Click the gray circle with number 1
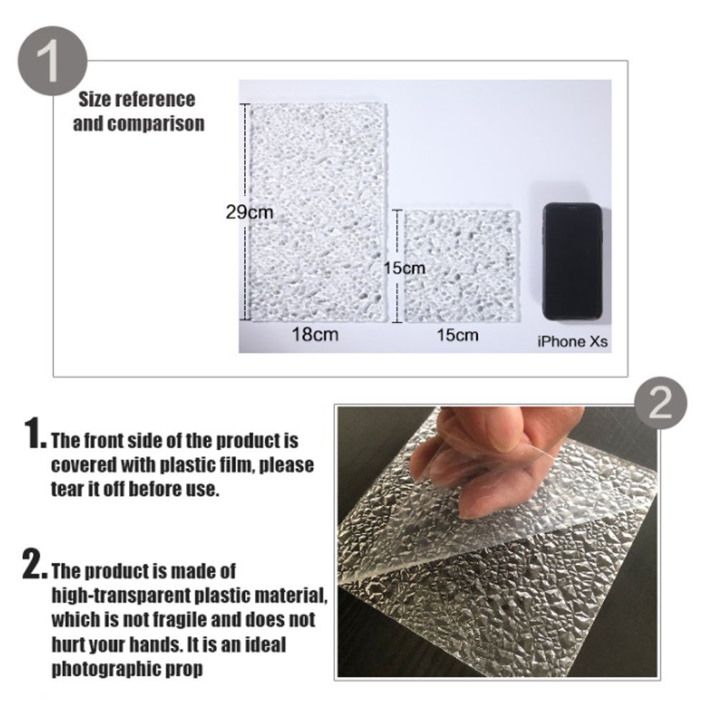pos(52,62)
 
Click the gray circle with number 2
pos(659,406)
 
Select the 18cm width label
pos(315,334)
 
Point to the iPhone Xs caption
pos(572,342)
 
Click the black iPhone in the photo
pos(571,261)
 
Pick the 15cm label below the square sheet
pos(458,334)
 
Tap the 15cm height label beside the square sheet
pos(404,268)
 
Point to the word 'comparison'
pos(155,124)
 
